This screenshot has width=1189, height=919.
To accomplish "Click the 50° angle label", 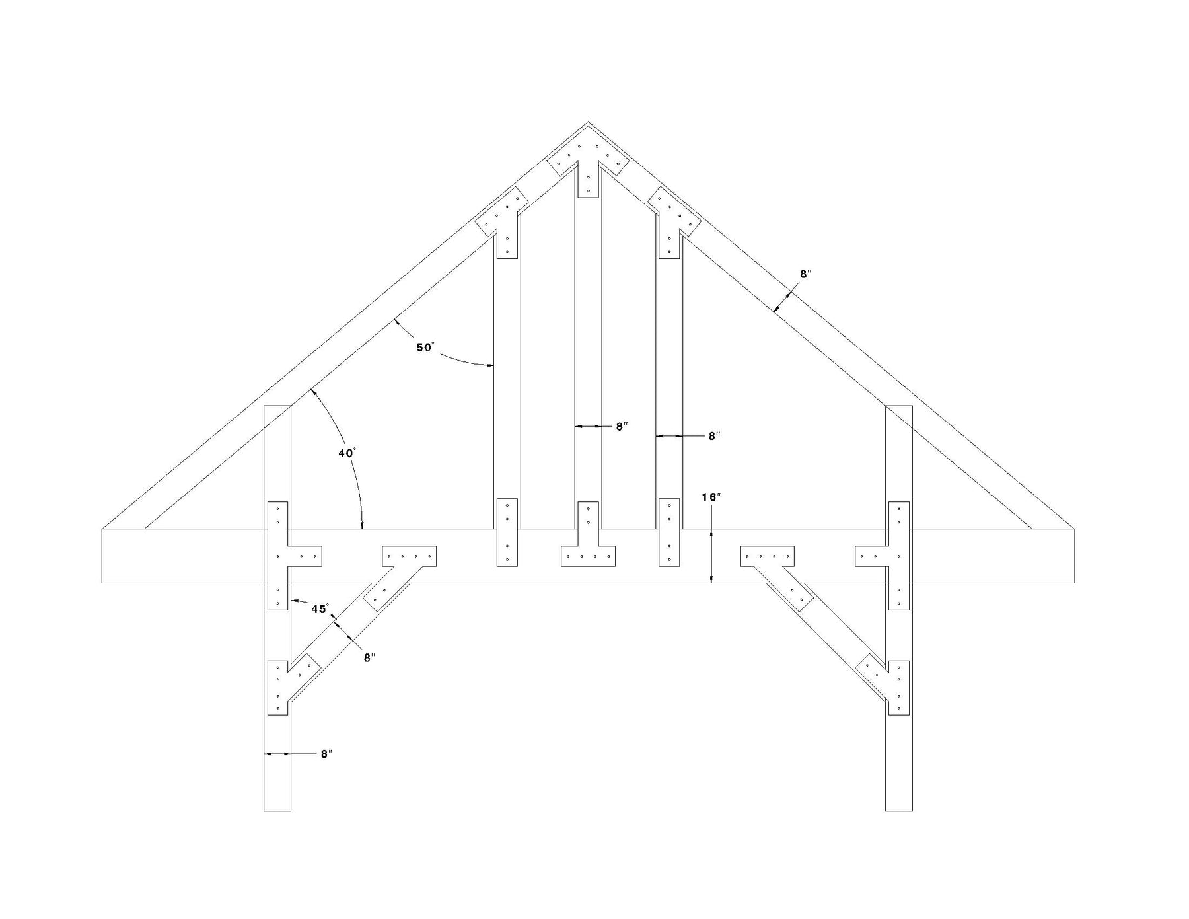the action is (425, 347).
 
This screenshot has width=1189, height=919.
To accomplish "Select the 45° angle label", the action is (320, 608).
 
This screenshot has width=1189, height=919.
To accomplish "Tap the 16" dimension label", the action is (710, 497).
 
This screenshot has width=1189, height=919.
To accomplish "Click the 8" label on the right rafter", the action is (805, 274).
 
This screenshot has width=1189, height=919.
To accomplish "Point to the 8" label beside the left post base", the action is (326, 754).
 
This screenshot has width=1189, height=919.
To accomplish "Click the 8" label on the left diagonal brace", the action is (369, 657).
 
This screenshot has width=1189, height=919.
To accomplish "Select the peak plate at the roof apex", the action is (587, 164).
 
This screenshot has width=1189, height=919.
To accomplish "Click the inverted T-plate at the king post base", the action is (588, 542).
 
